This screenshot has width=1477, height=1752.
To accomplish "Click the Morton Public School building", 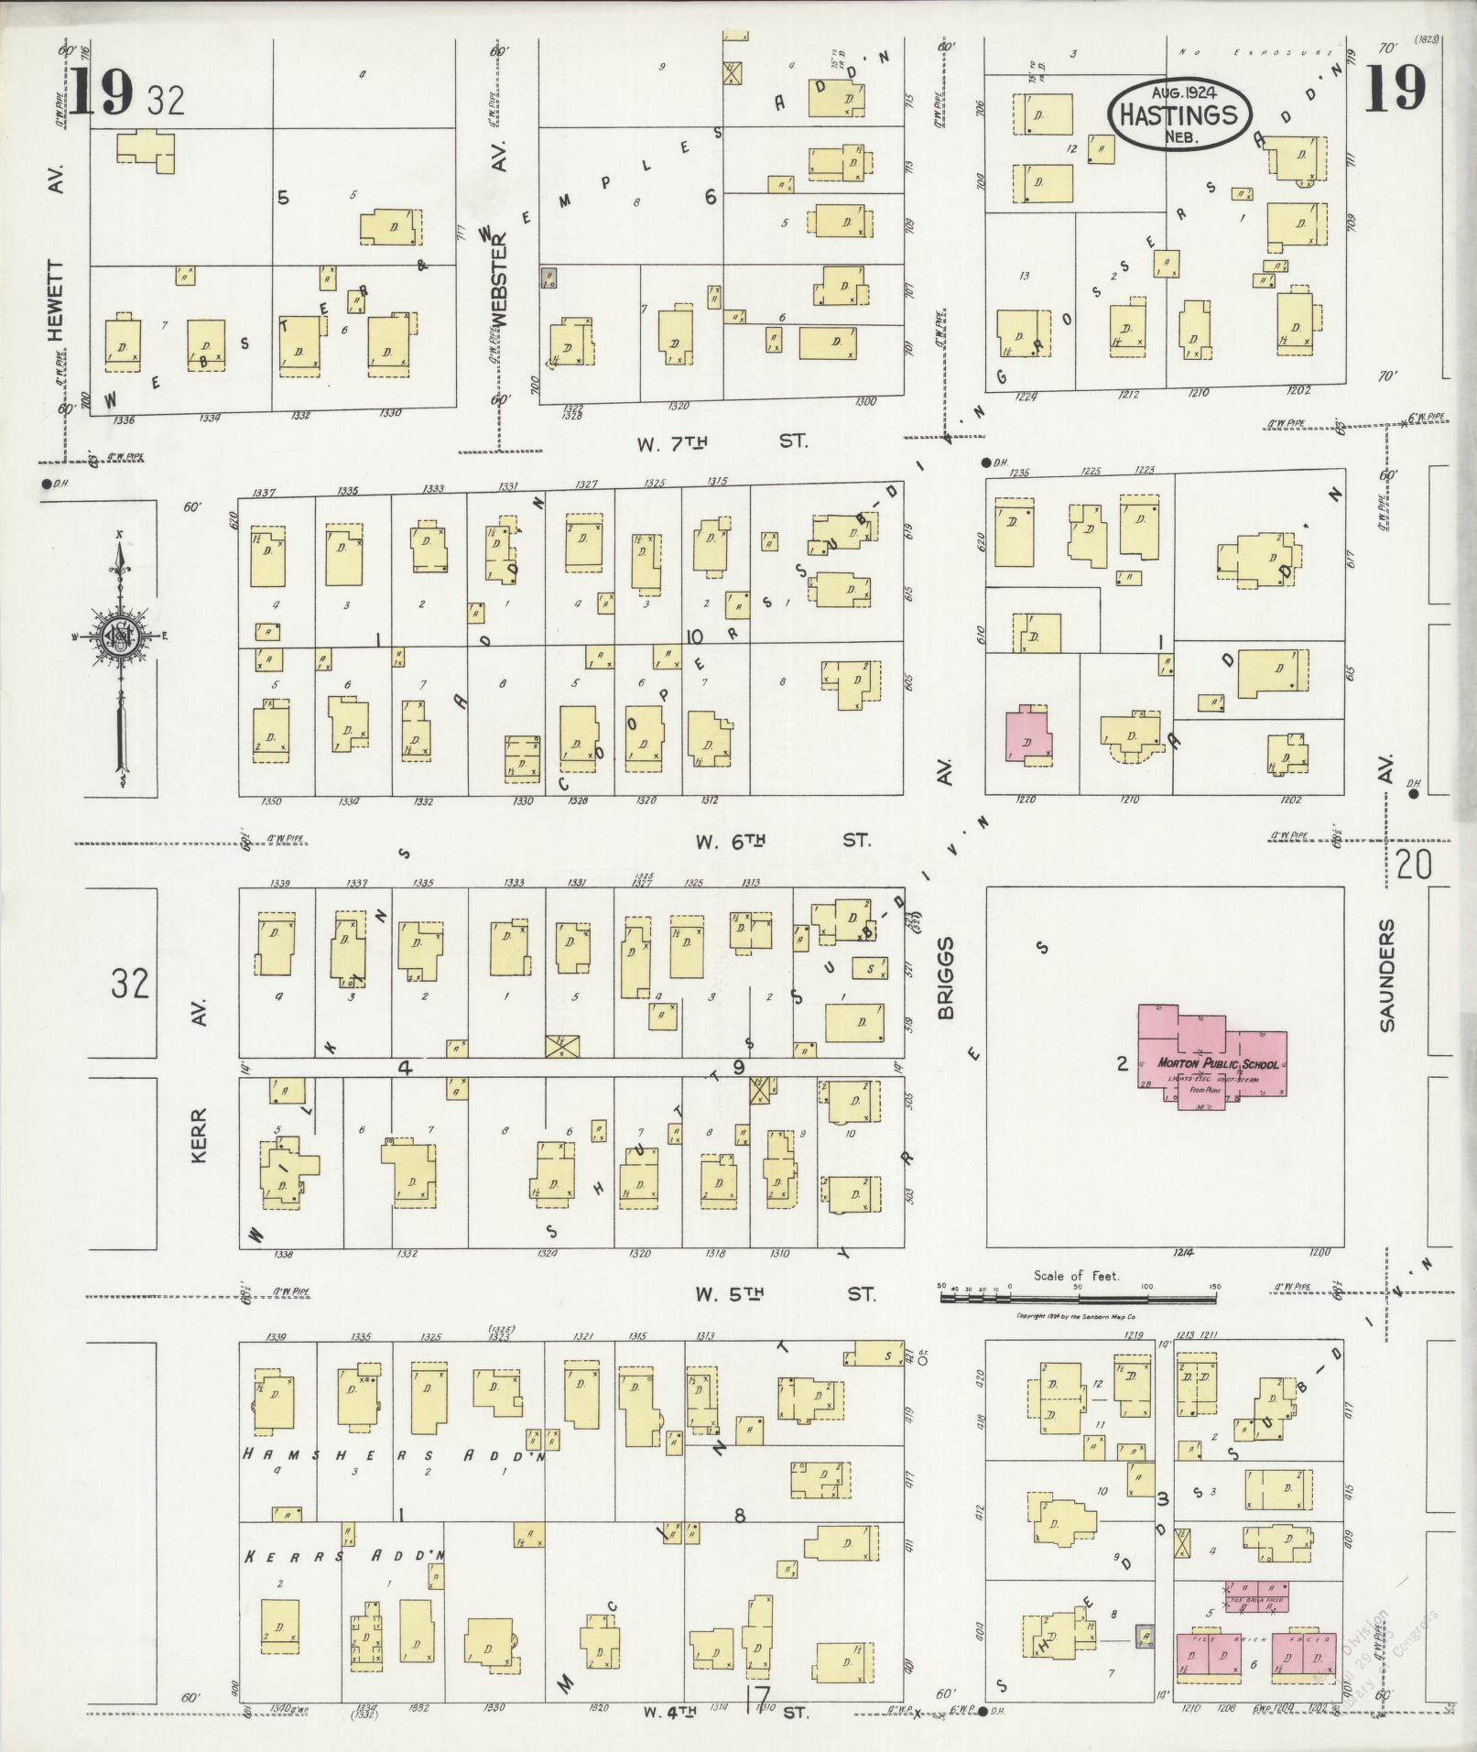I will coord(1212,1058).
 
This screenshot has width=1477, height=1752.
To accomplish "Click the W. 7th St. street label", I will coord(722,442).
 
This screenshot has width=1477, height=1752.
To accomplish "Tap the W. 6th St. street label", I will coord(782,841).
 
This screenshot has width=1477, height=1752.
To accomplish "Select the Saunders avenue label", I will coord(1387,975).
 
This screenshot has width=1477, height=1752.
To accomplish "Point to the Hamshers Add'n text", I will coord(394,1453).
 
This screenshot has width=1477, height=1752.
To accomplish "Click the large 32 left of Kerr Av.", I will coord(130,984).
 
